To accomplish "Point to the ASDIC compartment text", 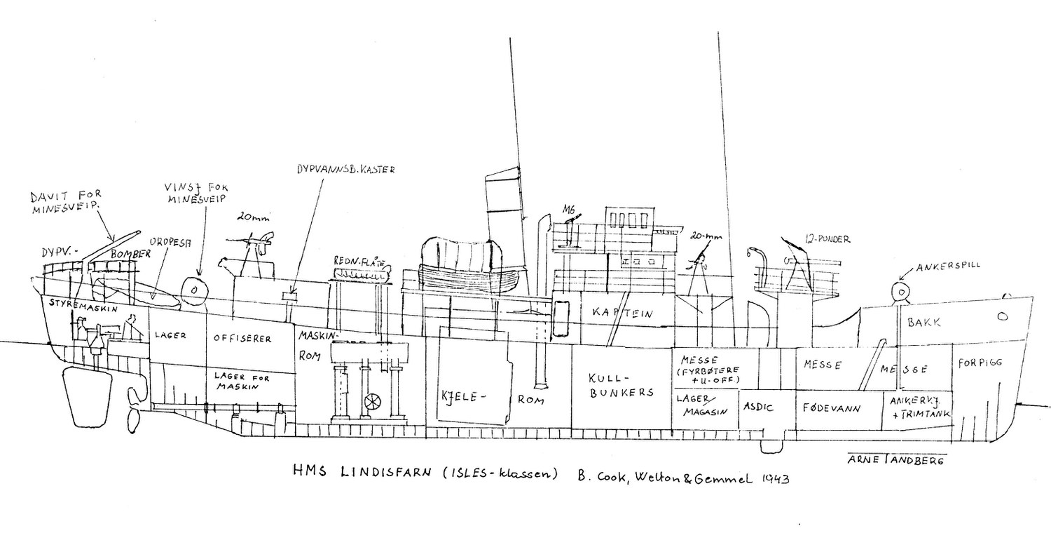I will pos(760,407).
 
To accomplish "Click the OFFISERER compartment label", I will pos(242,338).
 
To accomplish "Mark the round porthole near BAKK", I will pos(1003,317).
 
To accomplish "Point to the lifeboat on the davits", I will pos(469,270).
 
